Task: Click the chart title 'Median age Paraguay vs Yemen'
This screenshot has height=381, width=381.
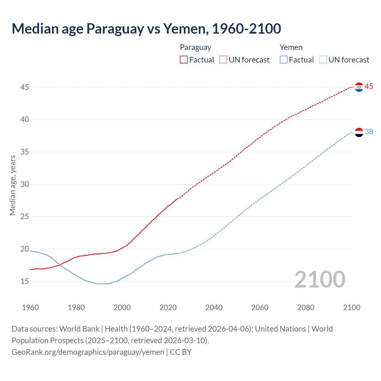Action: point(146,29)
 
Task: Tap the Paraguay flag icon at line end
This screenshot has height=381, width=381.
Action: point(359,87)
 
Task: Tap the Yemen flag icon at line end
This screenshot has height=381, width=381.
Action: point(359,132)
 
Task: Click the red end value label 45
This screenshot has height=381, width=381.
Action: point(369,87)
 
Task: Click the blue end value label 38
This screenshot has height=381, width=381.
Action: point(369,132)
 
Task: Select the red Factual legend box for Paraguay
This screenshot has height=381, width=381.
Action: point(184,60)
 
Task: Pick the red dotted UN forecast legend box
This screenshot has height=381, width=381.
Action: point(223,60)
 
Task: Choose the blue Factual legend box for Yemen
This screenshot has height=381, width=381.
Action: point(284,60)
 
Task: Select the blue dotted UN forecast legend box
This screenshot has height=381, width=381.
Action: point(323,60)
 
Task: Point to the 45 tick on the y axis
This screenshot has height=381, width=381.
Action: point(25,87)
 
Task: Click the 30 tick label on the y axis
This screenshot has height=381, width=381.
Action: point(25,184)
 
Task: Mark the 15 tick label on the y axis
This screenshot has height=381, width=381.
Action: point(25,281)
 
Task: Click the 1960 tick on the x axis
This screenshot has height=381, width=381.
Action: point(30,307)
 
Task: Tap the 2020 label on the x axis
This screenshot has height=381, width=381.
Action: point(168,307)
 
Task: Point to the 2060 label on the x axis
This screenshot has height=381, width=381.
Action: point(260,307)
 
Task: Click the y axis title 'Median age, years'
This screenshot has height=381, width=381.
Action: point(13,185)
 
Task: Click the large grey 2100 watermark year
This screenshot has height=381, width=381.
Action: point(320,279)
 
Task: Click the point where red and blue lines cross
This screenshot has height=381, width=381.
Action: point(60,265)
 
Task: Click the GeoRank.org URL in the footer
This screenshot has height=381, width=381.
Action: point(88,352)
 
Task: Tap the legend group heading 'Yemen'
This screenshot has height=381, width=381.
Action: point(291,47)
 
